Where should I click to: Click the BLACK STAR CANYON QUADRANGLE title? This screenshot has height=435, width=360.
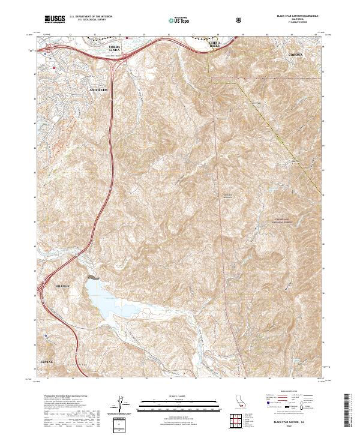click(297, 16)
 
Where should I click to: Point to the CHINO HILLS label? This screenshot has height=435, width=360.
click(214, 46)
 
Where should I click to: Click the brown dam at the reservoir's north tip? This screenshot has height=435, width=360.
click(92, 277)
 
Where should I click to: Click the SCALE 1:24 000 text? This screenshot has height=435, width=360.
click(179, 396)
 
